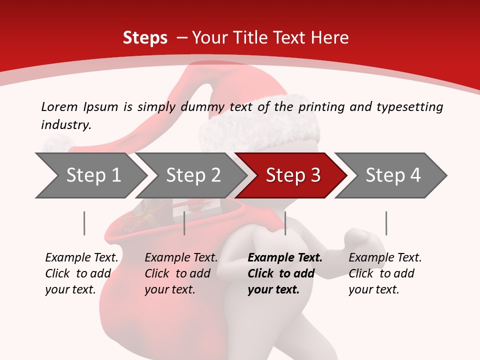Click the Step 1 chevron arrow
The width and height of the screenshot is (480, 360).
click(x=93, y=175)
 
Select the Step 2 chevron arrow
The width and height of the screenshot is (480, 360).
click(x=193, y=175)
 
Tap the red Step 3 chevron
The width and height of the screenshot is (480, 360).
click(x=293, y=175)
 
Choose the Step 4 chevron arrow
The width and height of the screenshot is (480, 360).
click(x=393, y=175)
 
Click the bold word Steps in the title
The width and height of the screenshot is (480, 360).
click(x=145, y=37)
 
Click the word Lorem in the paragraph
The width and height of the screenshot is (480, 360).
click(x=59, y=106)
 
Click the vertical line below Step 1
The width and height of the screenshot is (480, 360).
click(x=84, y=223)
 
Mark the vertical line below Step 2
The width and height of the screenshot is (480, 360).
click(x=184, y=223)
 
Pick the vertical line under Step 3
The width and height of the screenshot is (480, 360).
click(x=285, y=223)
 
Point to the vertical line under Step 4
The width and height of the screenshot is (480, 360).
click(x=386, y=223)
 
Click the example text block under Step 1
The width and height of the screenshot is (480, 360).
click(x=81, y=273)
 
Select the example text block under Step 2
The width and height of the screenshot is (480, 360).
click(x=181, y=273)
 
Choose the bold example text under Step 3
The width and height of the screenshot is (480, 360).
click(x=285, y=273)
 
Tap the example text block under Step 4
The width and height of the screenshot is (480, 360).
click(x=385, y=273)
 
